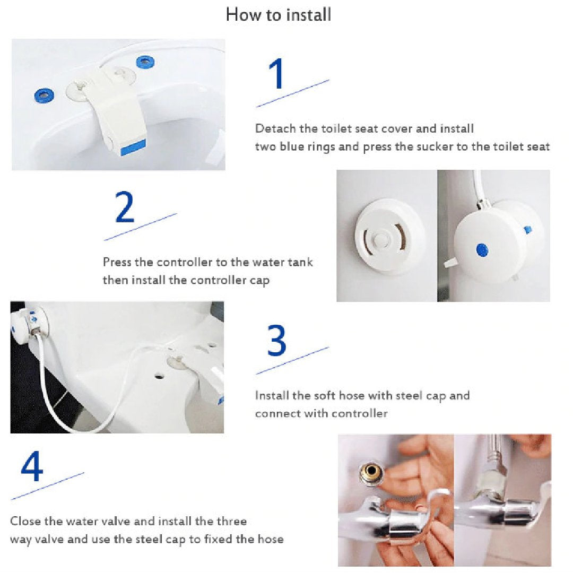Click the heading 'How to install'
pyautogui.click(x=279, y=15)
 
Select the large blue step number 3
pyautogui.click(x=276, y=340)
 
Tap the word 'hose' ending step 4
pyautogui.click(x=271, y=540)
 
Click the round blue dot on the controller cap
pyautogui.click(x=482, y=250)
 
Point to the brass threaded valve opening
pyautogui.click(x=370, y=473)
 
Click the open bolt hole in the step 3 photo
pyautogui.click(x=159, y=375)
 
